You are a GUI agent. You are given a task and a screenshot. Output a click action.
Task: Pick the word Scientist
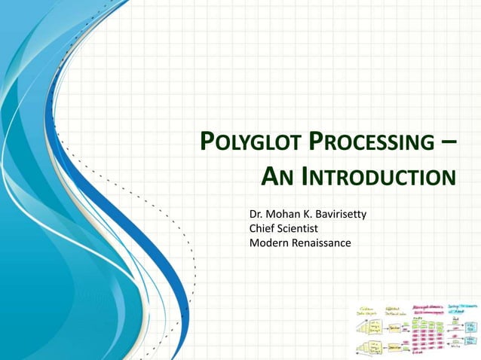pos(299,228)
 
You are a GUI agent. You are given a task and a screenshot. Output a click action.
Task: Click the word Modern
pos(268,242)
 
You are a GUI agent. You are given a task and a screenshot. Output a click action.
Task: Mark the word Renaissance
pos(320,242)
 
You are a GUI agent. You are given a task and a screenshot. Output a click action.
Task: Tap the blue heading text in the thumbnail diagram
pos(461,308)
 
